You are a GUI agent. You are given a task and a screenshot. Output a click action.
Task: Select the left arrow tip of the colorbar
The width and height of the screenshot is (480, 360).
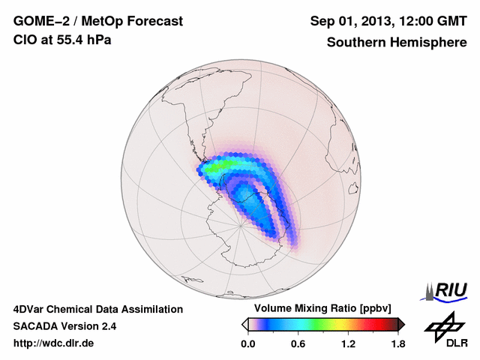[x=244, y=324]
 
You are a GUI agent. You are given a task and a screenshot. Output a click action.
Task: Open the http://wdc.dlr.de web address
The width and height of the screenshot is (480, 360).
[x=54, y=343]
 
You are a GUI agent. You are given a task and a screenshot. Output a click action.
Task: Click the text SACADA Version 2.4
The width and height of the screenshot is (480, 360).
[x=64, y=326]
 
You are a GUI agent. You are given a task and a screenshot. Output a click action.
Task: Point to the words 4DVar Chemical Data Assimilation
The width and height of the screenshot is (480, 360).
[x=97, y=309]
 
